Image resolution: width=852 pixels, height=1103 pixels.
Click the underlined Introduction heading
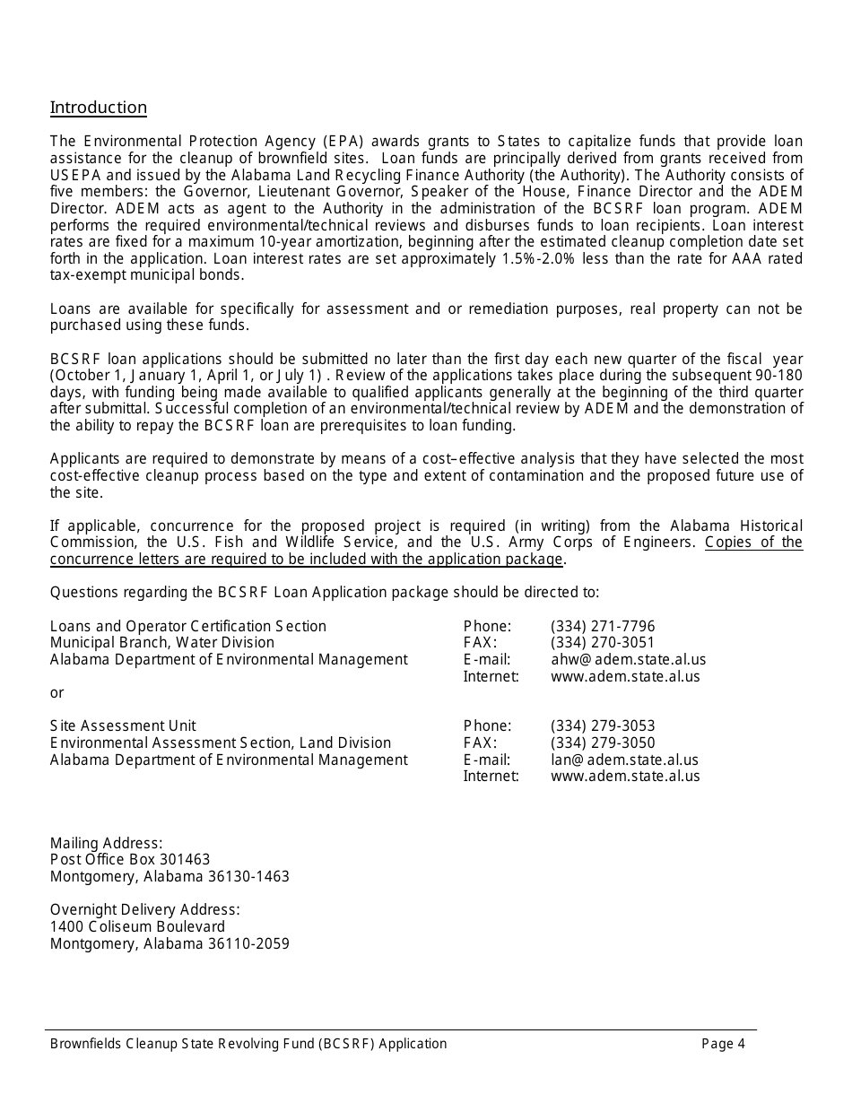click(x=99, y=108)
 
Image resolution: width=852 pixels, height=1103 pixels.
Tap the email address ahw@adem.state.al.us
click(x=628, y=660)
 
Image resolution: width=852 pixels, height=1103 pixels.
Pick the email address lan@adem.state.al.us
click(x=624, y=760)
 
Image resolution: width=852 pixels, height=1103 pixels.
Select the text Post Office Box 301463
click(x=130, y=860)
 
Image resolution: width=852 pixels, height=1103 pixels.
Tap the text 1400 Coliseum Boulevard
click(x=137, y=926)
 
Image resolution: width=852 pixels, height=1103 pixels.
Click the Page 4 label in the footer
click(x=723, y=1043)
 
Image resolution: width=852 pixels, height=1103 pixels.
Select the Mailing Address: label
click(x=106, y=843)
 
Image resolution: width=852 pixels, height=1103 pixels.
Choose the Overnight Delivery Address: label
click(x=144, y=909)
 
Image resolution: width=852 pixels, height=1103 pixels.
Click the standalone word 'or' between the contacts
click(x=57, y=693)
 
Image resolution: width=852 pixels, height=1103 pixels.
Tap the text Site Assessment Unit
click(x=123, y=725)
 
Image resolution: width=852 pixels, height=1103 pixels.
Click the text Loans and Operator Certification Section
click(x=188, y=626)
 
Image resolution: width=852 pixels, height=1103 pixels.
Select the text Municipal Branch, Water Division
click(x=162, y=643)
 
